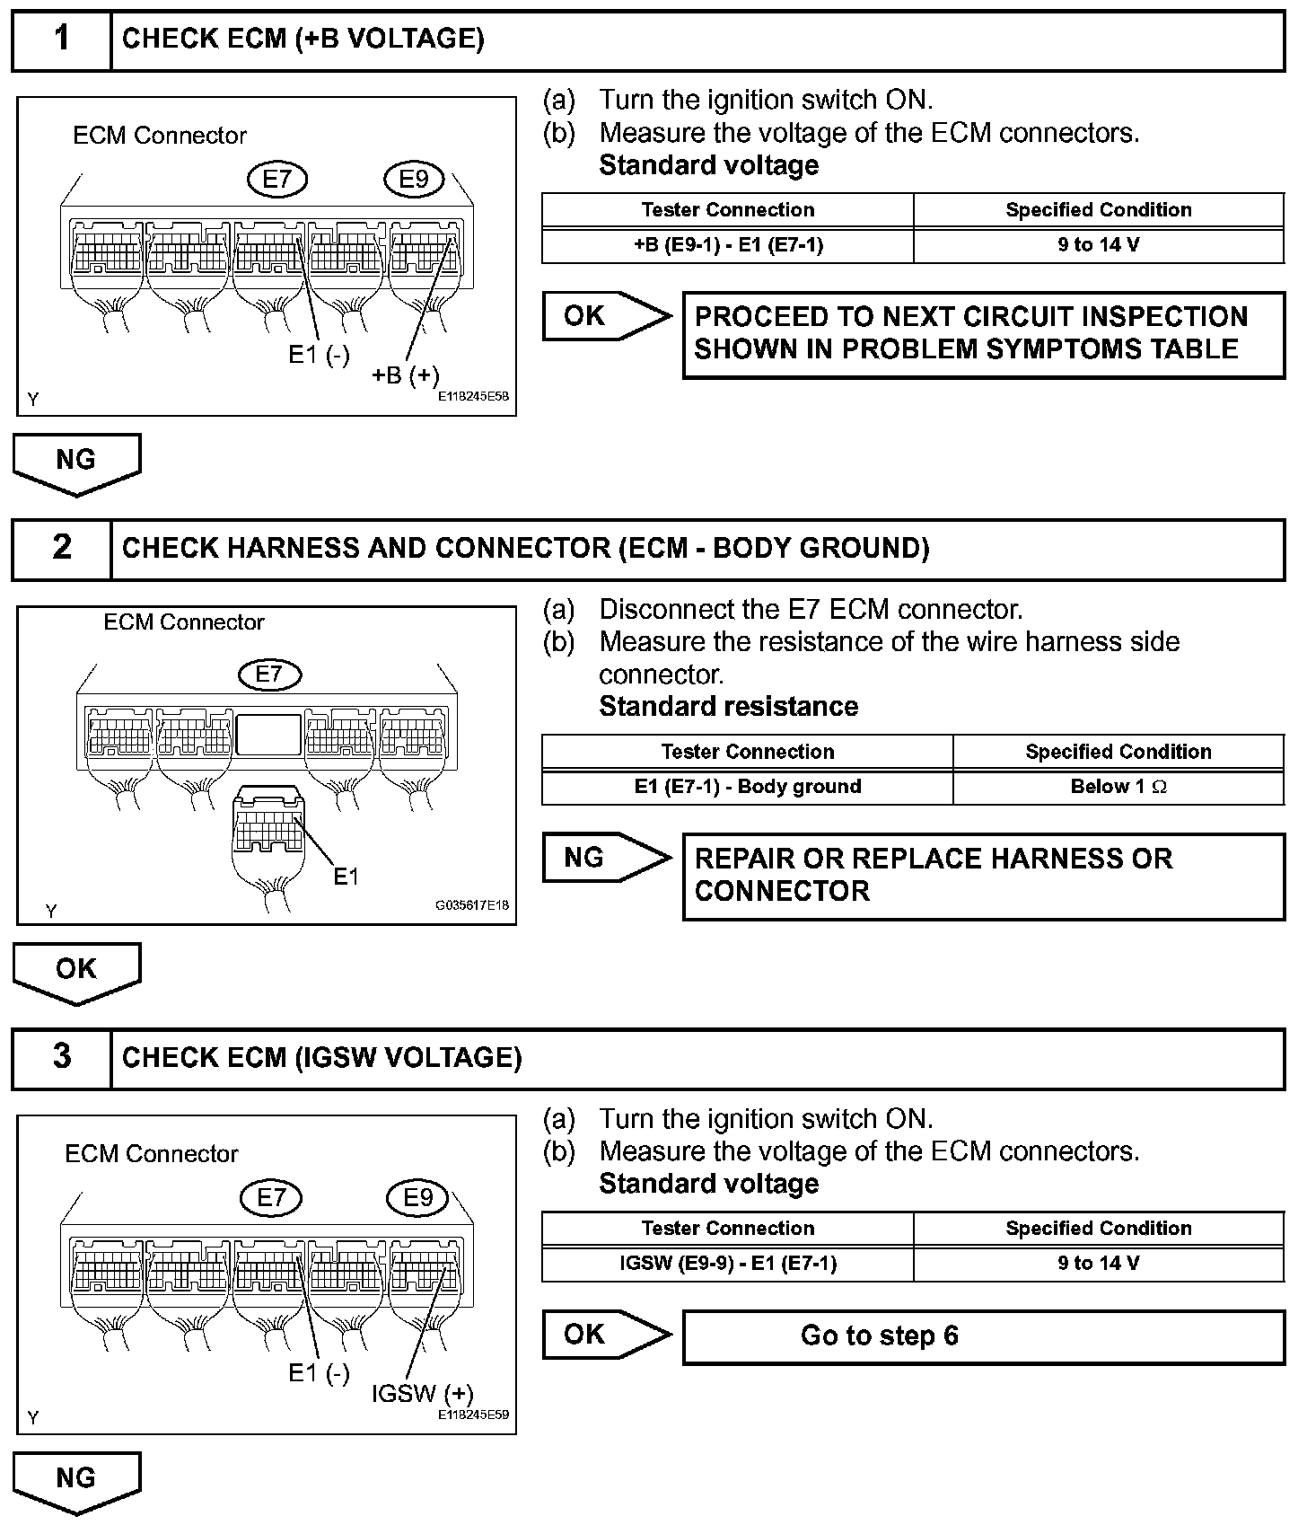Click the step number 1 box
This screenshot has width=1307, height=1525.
pos(61,40)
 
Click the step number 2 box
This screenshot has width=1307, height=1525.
pos(61,548)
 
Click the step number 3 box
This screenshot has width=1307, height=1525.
pos(61,1057)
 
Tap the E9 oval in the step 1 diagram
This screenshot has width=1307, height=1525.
pos(414,180)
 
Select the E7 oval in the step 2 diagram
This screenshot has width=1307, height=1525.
pos(269,674)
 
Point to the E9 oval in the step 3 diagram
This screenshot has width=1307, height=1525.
pos(417,1197)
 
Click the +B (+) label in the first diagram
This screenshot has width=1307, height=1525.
pos(405,375)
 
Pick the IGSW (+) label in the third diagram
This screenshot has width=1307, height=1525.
pos(422,1394)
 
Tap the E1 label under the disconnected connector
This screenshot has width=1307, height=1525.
pos(346,877)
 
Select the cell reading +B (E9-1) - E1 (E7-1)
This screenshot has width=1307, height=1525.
pos(728,245)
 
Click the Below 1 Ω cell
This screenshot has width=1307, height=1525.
pos(1118,787)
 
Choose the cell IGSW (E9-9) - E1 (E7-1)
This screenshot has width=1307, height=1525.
pos(728,1264)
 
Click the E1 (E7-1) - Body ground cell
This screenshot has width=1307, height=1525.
pos(748,787)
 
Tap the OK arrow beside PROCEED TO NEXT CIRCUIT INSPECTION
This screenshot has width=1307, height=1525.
pos(606,316)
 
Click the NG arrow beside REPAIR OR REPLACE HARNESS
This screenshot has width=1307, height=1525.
pos(606,858)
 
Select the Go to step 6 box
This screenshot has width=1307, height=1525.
pos(984,1336)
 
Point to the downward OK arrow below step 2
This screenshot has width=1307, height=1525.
pos(76,972)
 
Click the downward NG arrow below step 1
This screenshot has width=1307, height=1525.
pos(76,463)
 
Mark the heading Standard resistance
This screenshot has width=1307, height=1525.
pos(728,707)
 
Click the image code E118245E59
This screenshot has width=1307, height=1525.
pos(473,1415)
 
